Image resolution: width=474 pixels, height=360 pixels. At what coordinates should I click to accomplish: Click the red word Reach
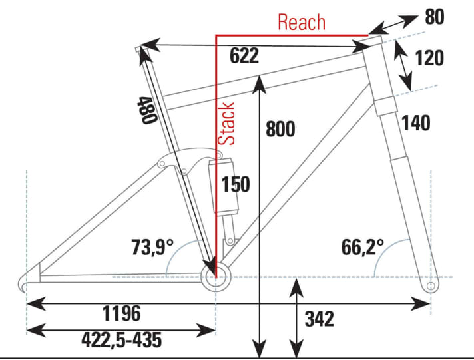click(x=302, y=22)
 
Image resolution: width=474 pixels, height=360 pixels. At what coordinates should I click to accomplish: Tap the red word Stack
click(x=228, y=124)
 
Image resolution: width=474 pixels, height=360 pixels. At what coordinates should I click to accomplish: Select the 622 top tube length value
click(x=244, y=57)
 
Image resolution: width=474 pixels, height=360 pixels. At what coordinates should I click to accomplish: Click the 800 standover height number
click(x=280, y=129)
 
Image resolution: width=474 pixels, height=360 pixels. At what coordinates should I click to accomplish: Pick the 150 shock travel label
click(x=236, y=184)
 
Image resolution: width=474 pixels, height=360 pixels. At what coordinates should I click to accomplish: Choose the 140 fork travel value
click(x=416, y=122)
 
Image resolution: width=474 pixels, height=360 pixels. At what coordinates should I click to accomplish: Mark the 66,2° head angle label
click(x=363, y=248)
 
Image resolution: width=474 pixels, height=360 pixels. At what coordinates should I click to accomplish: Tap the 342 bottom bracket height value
click(x=320, y=319)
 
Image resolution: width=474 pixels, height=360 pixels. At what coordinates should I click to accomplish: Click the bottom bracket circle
click(x=216, y=276)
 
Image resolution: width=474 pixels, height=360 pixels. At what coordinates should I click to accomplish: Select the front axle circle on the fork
click(x=431, y=285)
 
